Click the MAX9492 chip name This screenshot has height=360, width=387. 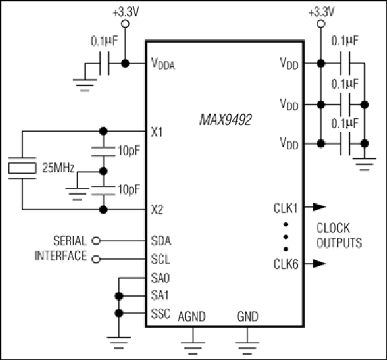click(x=226, y=120)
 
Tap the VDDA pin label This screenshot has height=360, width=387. click(x=163, y=63)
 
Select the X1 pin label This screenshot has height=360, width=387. click(x=157, y=132)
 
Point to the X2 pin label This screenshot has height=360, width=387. click(x=157, y=210)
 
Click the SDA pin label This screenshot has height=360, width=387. click(x=161, y=241)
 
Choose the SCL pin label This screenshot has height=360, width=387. click(x=161, y=259)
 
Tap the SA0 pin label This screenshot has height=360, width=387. click(x=160, y=278)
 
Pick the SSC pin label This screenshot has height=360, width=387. click(x=161, y=314)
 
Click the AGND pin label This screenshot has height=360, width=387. click(x=191, y=317)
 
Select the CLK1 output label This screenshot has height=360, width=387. click(x=286, y=208)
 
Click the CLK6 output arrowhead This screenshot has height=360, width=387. click(x=320, y=263)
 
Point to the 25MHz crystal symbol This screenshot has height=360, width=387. click(x=22, y=168)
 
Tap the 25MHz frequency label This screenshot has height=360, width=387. click(x=58, y=168)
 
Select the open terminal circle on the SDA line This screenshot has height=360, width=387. click(x=96, y=241)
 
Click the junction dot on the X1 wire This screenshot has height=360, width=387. click(x=103, y=131)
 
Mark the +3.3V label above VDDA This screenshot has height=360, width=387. click(x=126, y=12)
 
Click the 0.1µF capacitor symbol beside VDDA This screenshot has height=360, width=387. click(x=104, y=63)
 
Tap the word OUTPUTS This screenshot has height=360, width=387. click(x=339, y=243)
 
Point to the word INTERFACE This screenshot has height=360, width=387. click(x=61, y=256)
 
